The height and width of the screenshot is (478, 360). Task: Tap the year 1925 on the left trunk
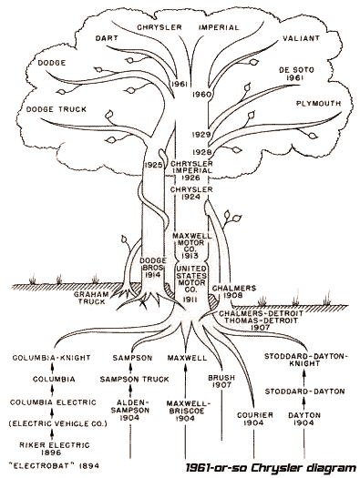[152, 165]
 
